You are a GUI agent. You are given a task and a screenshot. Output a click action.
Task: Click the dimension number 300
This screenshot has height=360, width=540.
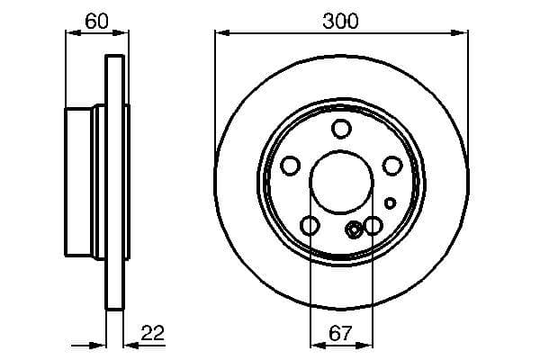point(341,21)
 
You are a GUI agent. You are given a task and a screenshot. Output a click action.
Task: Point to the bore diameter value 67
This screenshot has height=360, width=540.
point(340,333)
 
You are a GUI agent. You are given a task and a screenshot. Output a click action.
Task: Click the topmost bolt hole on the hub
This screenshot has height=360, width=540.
point(340,128)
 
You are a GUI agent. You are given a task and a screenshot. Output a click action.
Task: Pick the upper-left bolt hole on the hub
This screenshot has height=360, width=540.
point(290,166)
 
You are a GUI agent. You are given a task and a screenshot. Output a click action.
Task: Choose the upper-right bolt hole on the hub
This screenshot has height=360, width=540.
point(392,166)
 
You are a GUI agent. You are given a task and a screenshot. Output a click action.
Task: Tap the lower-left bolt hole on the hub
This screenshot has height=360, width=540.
point(309,225)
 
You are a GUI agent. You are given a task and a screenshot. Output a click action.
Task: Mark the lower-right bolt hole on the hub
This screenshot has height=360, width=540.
point(373,225)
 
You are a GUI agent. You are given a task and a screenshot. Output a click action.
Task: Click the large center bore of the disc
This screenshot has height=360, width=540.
point(340,181)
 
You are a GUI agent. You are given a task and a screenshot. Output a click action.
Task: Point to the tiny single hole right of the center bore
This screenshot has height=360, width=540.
point(389,202)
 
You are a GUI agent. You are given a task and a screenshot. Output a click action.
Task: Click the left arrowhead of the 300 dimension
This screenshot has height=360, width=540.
point(219,34)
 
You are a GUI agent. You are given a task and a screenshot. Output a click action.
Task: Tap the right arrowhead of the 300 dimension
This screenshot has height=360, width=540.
point(464,34)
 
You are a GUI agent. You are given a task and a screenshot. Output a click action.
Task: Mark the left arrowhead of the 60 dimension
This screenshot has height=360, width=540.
point(70,34)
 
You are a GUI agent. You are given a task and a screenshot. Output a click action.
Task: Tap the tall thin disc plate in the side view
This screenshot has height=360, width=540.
point(114,181)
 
